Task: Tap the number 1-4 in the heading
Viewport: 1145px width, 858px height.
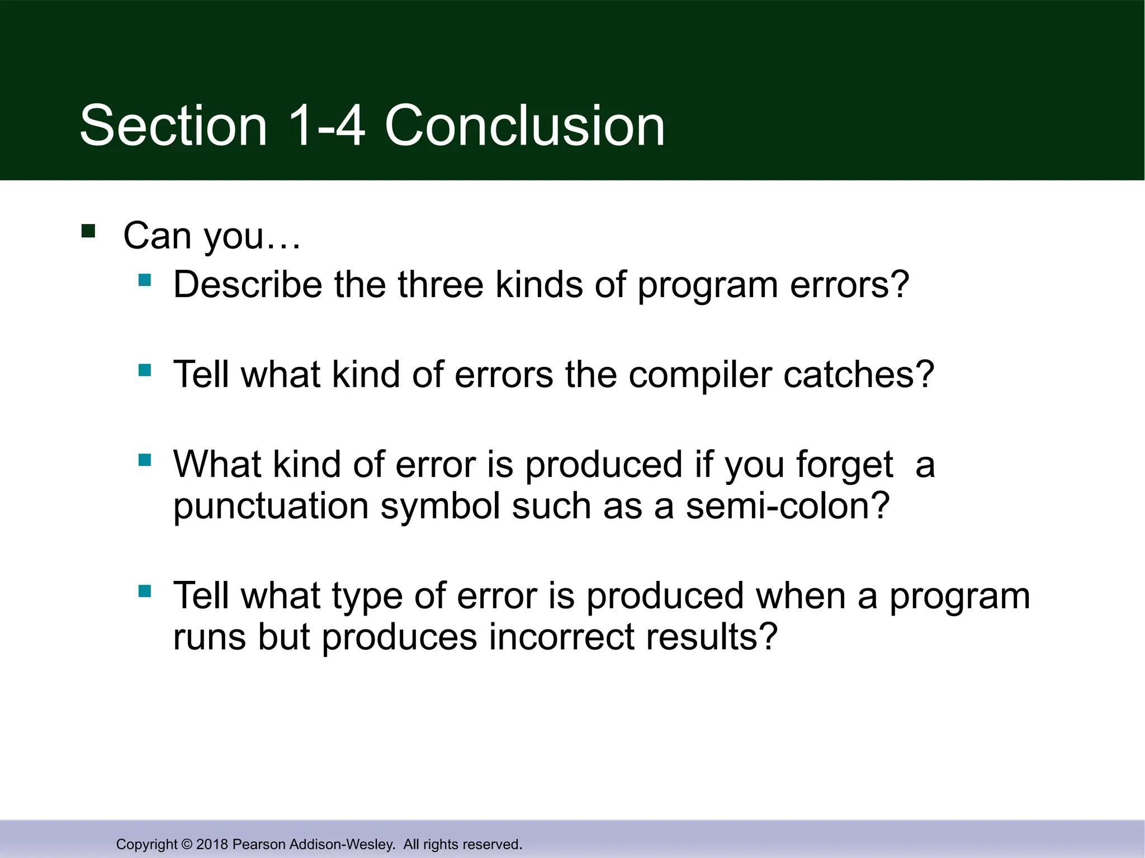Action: coord(327,126)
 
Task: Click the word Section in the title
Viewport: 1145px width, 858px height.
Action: coord(173,126)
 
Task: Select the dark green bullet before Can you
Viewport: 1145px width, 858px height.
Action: coord(88,231)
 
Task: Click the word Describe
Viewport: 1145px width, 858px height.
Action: coord(247,284)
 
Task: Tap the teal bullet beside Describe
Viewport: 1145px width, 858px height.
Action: coord(145,280)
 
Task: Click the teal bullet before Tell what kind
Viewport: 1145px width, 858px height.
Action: coord(145,370)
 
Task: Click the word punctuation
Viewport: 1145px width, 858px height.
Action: coord(271,506)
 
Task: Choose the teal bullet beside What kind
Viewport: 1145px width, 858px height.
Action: coord(145,460)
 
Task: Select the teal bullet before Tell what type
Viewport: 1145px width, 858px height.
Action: coord(145,591)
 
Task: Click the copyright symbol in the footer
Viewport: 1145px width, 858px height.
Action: coord(187,844)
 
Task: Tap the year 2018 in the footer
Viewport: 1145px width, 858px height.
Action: coord(212,844)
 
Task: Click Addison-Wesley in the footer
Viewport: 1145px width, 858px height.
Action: coord(342,844)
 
